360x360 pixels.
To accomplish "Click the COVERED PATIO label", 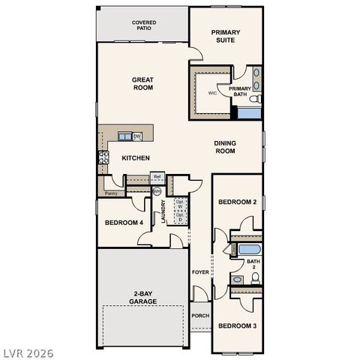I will pyautogui.click(x=144, y=25).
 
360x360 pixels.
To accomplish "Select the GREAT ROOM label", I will pyautogui.click(x=142, y=83).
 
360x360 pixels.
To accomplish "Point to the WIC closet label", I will pyautogui.click(x=212, y=94).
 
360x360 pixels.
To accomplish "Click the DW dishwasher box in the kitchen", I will pyautogui.click(x=137, y=136).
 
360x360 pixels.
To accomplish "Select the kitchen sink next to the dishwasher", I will pyautogui.click(x=124, y=136).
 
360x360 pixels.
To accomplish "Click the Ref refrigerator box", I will pyautogui.click(x=157, y=177).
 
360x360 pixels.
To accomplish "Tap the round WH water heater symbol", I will pyautogui.click(x=157, y=191).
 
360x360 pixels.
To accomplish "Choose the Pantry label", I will pyautogui.click(x=111, y=193).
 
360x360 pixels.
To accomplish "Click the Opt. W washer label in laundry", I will pyautogui.click(x=180, y=204).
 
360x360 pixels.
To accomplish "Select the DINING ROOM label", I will pyautogui.click(x=225, y=147).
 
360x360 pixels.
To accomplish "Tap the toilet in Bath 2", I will pyautogui.click(x=255, y=278).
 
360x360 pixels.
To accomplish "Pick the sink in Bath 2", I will pyautogui.click(x=237, y=280).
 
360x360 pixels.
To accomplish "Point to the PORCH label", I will pyautogui.click(x=200, y=316).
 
